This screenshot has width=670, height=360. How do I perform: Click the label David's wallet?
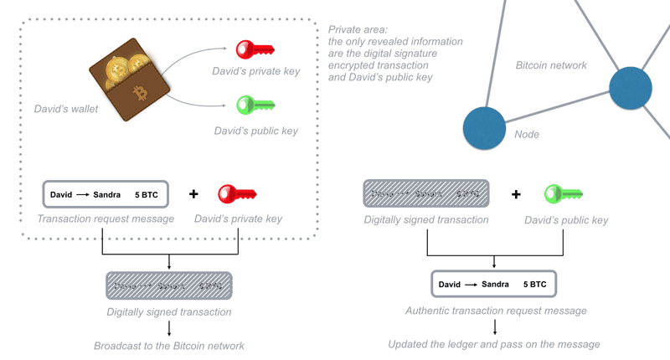click(x=66, y=109)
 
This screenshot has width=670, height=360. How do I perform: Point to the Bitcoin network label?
click(x=550, y=64)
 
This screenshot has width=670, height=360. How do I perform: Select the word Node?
click(x=527, y=134)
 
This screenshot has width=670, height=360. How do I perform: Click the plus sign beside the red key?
click(x=193, y=193)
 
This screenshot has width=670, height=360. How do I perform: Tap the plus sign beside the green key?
click(x=516, y=193)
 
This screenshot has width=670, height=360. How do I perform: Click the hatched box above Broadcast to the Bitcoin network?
click(x=168, y=286)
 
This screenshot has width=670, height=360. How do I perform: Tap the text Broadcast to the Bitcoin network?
click(x=168, y=345)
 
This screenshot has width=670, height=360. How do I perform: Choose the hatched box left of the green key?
click(x=426, y=193)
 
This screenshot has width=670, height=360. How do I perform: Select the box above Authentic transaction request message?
click(x=494, y=284)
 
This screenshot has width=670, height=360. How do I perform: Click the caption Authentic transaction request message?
click(x=494, y=311)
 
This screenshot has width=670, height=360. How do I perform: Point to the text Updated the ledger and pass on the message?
click(x=494, y=344)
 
